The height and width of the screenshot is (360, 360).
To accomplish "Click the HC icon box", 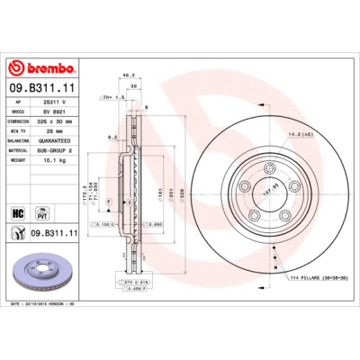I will (x=17, y=212).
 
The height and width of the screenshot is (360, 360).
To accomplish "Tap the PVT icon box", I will (x=40, y=212).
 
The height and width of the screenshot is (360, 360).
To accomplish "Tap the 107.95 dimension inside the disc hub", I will (x=268, y=191).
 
